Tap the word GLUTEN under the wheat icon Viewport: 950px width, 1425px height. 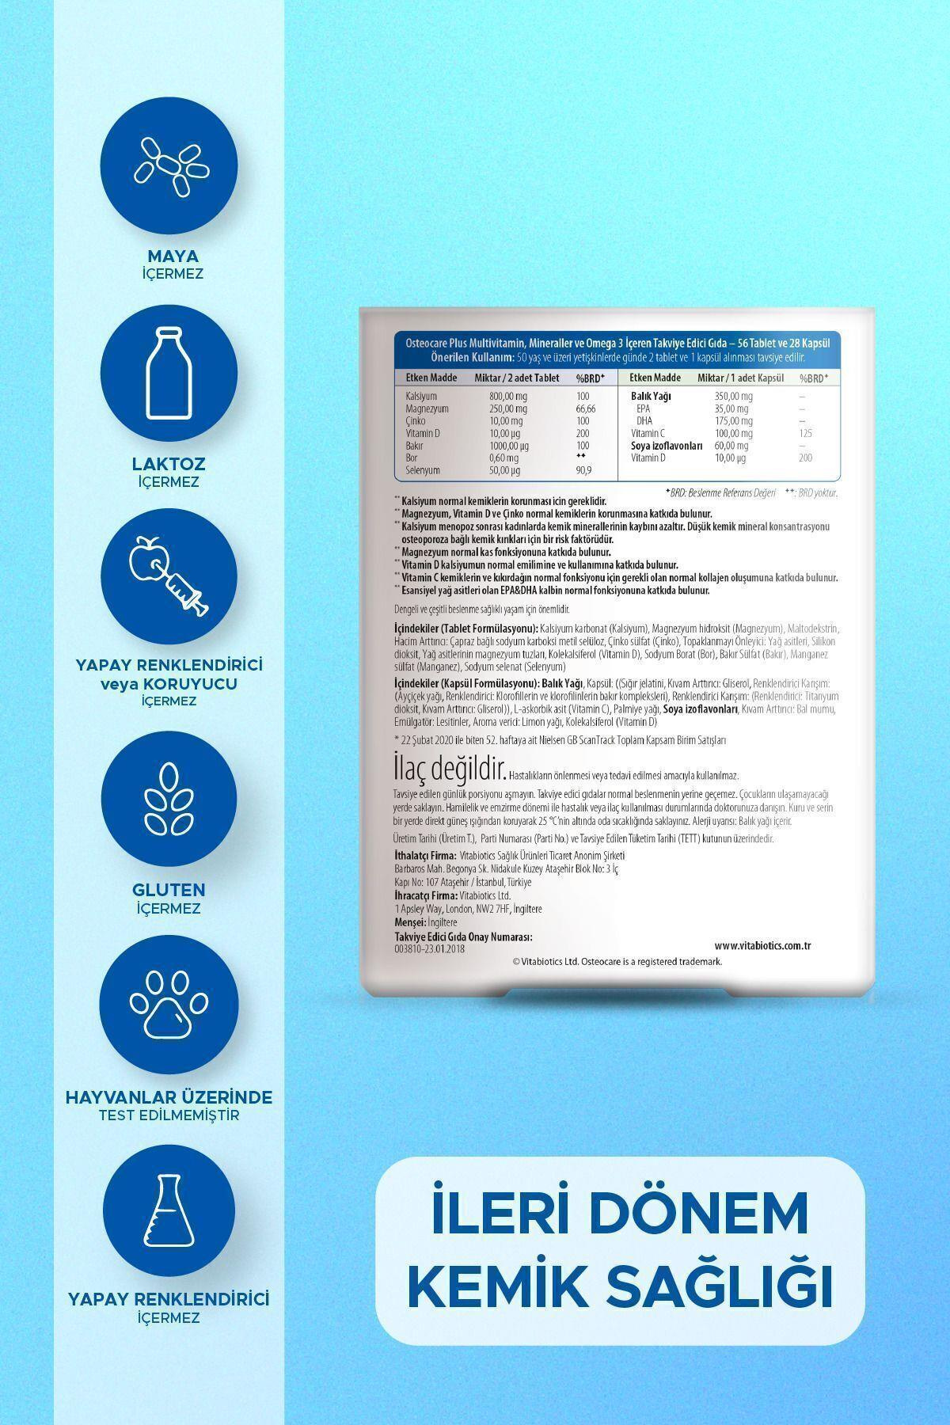[x=168, y=890]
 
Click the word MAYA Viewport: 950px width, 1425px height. [x=168, y=256]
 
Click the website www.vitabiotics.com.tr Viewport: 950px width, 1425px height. [x=763, y=945]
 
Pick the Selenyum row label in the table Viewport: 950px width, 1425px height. [x=423, y=470]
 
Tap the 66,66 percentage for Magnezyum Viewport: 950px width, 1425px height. [x=587, y=408]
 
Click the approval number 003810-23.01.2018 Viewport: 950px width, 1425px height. [x=429, y=948]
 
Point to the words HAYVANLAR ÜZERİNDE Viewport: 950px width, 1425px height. [x=168, y=1097]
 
